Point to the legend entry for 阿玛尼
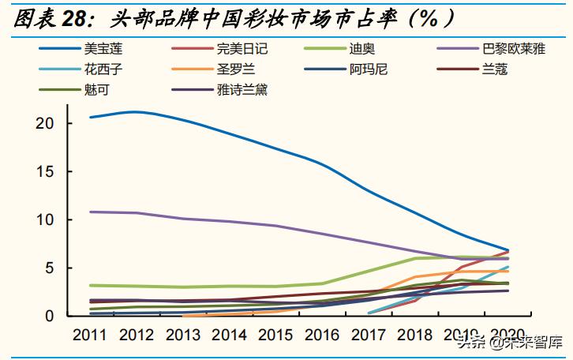[368, 69]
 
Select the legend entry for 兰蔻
[494, 69]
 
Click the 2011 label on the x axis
[90, 334]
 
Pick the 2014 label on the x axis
[230, 334]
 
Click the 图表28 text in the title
[47, 17]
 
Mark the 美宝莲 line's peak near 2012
[136, 111]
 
